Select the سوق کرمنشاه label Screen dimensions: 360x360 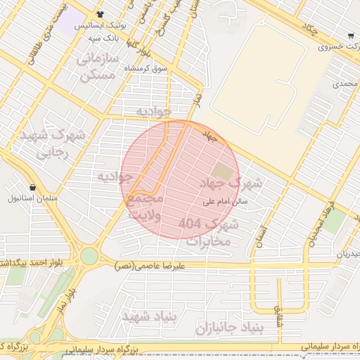coord(148,68)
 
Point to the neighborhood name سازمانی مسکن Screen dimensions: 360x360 coord(97,67)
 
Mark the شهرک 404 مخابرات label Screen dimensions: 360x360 coord(210,233)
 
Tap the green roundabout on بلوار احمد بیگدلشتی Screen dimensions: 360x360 coord(89,256)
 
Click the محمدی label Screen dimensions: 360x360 coord(345,84)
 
